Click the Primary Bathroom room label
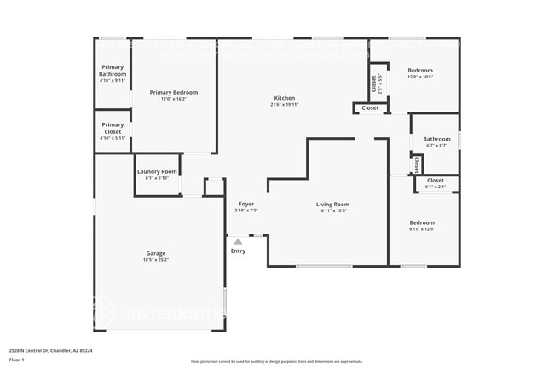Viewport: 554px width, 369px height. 112,71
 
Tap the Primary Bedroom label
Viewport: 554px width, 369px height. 173,92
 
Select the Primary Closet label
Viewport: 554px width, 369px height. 112,128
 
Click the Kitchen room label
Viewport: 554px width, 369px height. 284,97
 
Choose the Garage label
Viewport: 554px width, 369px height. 155,252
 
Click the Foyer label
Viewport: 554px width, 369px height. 246,204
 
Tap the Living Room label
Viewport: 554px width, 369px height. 332,204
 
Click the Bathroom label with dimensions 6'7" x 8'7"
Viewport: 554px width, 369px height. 436,139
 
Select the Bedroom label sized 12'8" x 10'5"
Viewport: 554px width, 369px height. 420,70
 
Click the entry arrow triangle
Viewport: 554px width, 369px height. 238,242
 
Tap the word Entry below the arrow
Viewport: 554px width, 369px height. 238,251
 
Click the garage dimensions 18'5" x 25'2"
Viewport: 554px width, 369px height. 155,259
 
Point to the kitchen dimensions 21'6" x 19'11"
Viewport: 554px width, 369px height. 284,104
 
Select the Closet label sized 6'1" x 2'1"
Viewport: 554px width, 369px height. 435,181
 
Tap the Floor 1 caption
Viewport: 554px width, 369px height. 17,360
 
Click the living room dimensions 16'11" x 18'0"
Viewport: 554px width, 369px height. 332,210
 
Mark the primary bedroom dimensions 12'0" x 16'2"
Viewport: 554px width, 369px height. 173,99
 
